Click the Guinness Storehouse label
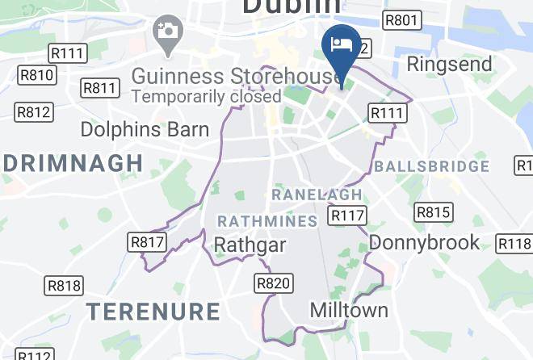236,76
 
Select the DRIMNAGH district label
73,163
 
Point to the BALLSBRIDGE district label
432,167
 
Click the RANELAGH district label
317,195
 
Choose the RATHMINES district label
267,220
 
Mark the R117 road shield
347,216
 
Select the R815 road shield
432,212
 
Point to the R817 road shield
147,241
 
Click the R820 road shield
273,283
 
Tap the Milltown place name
350,310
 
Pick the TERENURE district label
153,312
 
